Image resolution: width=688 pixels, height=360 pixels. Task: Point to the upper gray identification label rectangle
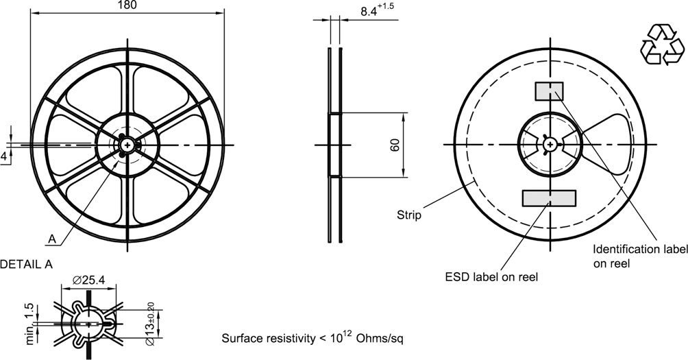tap(549, 91)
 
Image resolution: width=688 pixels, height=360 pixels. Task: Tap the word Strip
tap(409, 215)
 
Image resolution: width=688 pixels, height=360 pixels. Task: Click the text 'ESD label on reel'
tap(491, 277)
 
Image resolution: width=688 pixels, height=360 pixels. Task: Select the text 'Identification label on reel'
tap(635, 255)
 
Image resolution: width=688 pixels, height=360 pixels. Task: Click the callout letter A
tap(51, 239)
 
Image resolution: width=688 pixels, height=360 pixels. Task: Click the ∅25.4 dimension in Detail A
tap(86, 280)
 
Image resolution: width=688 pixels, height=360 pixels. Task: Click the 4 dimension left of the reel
tap(4, 156)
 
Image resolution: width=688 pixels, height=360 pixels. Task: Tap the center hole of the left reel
tap(127, 144)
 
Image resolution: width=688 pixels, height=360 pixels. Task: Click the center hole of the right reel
tap(549, 144)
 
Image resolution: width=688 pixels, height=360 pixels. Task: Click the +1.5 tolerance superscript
tap(387, 6)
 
